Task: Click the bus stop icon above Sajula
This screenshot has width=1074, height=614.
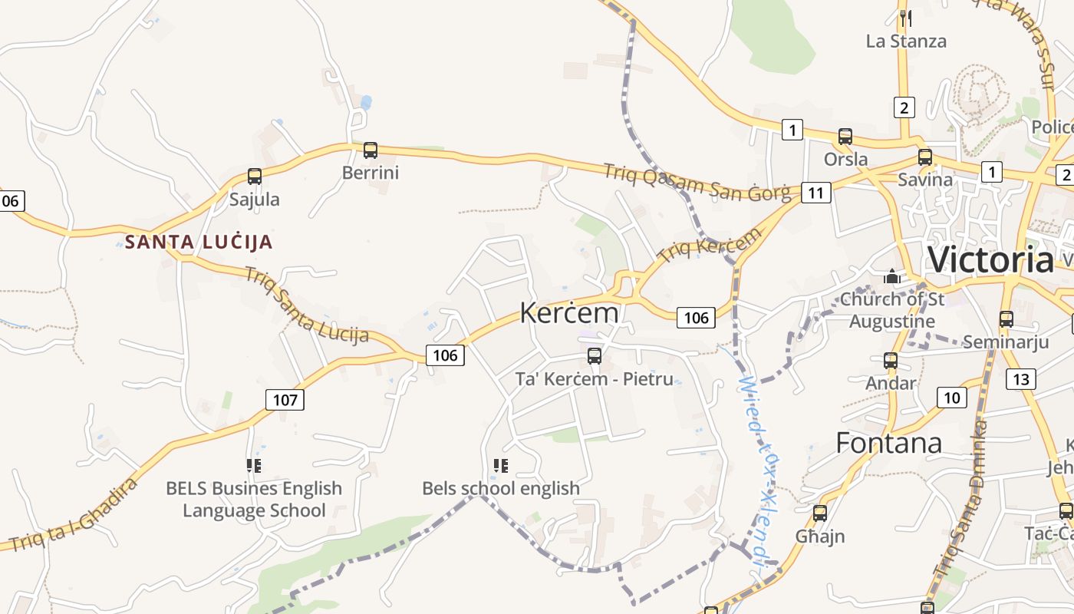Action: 255,177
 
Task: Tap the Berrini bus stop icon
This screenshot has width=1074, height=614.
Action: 371,150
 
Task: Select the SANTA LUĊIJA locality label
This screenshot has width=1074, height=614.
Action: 199,242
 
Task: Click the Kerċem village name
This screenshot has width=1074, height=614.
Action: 569,312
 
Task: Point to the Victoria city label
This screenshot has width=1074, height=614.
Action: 990,259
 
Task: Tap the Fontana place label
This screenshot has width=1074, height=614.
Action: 888,443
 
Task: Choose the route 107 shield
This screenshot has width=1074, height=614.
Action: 285,399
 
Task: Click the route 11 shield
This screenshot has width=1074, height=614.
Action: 815,193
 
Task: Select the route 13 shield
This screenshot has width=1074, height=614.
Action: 1021,378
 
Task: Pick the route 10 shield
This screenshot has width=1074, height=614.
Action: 951,397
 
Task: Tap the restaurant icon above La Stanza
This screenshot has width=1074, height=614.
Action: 906,18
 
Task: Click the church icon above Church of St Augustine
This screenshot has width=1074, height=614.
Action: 892,276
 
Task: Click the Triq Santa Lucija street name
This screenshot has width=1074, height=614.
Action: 306,305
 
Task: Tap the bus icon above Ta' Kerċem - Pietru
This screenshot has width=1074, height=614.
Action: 595,355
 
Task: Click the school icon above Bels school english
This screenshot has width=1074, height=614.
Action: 501,465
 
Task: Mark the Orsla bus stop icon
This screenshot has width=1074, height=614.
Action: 845,137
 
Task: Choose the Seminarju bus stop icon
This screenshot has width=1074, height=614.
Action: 1006,319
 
